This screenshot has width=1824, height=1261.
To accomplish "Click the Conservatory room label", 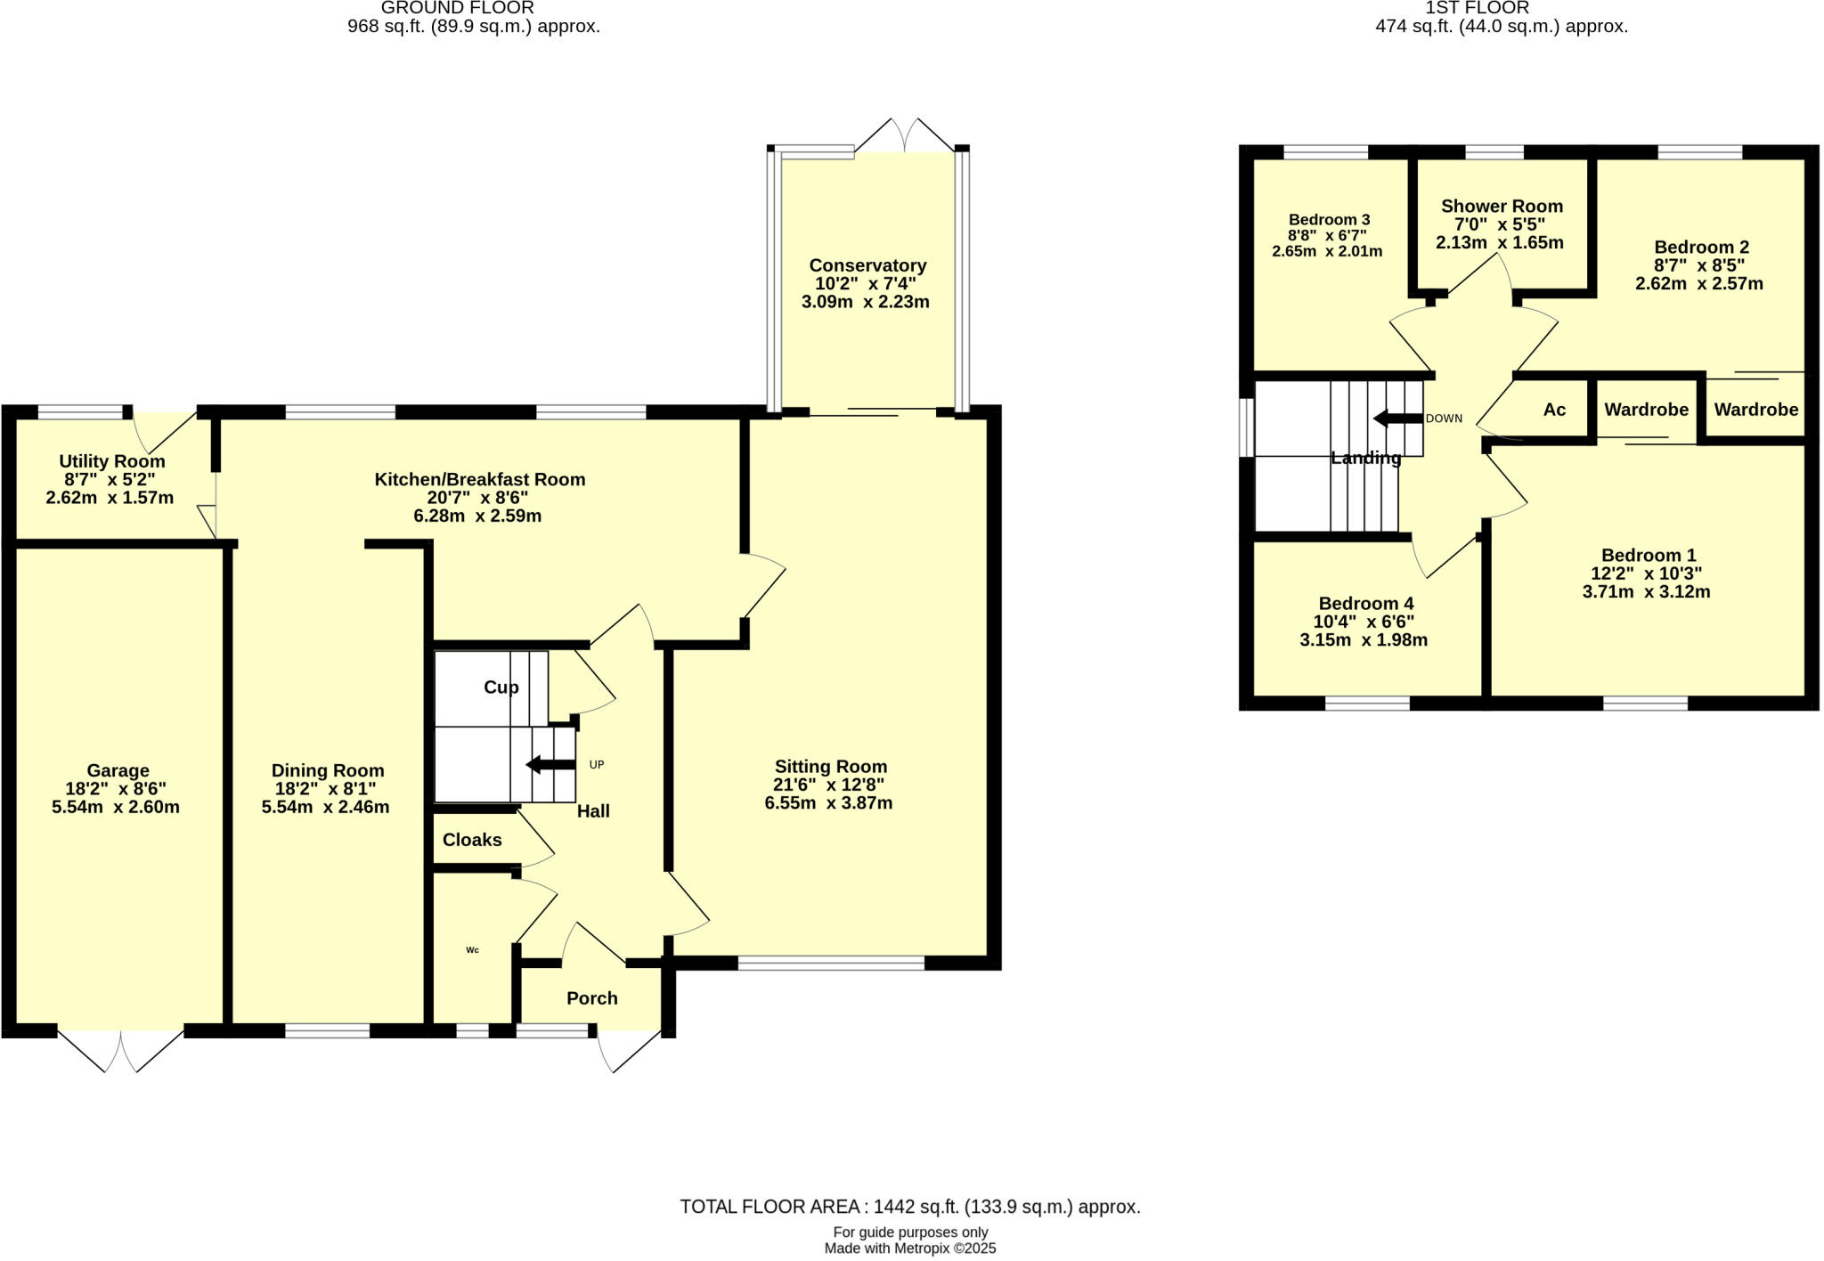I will click(x=867, y=265).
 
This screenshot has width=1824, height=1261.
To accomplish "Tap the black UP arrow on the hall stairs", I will click(x=550, y=764).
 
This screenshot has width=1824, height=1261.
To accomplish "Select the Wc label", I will click(x=473, y=950).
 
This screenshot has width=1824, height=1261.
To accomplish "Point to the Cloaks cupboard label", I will click(x=472, y=840).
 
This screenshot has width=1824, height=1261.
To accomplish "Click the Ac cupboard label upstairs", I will click(x=1554, y=410).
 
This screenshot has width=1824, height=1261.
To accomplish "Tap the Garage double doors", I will click(x=121, y=1051).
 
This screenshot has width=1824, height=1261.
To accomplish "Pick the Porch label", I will click(x=592, y=998).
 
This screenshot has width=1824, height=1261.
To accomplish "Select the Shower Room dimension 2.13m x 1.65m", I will click(x=1500, y=242).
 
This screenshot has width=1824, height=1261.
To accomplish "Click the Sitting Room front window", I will click(x=831, y=963).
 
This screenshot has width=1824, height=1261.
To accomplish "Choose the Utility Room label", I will click(x=112, y=461).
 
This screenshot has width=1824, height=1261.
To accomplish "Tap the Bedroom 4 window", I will click(x=1367, y=703).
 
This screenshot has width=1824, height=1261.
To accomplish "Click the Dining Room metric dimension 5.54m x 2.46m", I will click(x=325, y=808).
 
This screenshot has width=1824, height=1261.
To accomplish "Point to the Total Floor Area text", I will click(x=909, y=1207).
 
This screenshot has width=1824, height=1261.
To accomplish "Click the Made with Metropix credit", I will click(x=909, y=1249).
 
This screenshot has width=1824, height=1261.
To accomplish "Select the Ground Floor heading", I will click(x=458, y=8).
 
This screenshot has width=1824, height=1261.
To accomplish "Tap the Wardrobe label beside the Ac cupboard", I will click(x=1646, y=410).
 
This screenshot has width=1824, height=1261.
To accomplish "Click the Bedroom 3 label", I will click(x=1329, y=220).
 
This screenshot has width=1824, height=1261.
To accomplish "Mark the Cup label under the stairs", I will click(x=501, y=687).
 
